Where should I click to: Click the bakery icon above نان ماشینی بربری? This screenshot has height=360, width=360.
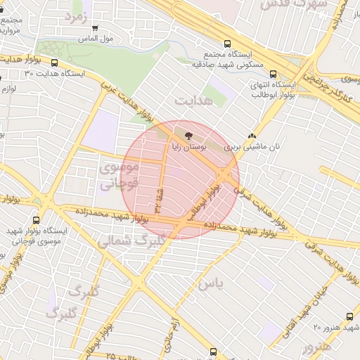point(252,136)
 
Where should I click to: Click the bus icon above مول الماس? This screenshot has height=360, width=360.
point(95,29)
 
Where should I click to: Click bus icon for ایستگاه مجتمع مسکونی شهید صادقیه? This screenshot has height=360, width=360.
point(226,43)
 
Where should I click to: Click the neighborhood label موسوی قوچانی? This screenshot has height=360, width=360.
point(117,176)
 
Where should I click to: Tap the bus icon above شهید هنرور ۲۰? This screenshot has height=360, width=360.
point(349,317)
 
